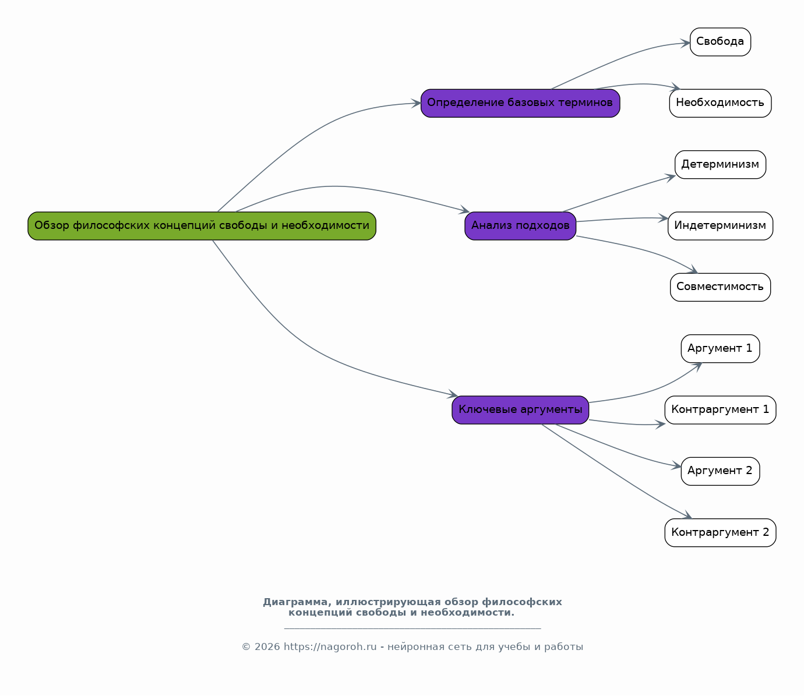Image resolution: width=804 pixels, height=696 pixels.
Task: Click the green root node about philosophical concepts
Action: click(202, 226)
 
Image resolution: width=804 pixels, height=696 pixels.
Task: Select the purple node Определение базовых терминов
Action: click(520, 103)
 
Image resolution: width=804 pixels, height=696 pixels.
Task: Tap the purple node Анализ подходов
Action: click(520, 226)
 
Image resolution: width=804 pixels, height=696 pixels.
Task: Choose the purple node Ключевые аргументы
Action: click(520, 410)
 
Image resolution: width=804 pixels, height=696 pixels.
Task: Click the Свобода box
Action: click(720, 41)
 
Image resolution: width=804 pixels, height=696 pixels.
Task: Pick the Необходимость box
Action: click(720, 103)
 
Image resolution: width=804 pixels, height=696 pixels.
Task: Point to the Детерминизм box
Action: click(720, 164)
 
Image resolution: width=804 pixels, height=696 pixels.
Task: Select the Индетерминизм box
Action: click(720, 226)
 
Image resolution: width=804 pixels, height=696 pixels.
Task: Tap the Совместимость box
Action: click(720, 287)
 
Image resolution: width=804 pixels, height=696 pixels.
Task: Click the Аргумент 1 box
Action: click(720, 349)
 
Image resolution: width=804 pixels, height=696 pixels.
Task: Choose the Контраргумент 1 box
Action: click(720, 410)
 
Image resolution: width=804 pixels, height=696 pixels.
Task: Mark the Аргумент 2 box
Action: click(720, 471)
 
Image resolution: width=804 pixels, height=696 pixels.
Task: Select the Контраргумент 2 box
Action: click(720, 533)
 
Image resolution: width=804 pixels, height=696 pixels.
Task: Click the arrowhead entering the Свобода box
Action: click(685, 43)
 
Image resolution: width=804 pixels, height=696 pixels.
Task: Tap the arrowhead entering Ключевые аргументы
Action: click(452, 394)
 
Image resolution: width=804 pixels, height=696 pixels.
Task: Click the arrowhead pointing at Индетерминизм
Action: click(663, 218)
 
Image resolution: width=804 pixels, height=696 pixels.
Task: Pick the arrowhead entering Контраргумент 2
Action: click(687, 515)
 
